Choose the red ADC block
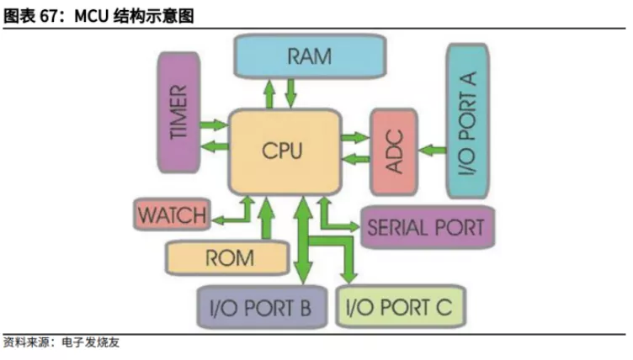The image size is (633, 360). click(x=394, y=152)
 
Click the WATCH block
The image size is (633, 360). click(x=171, y=214)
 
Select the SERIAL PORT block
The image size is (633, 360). click(x=426, y=227)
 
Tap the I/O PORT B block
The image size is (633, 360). click(x=255, y=307)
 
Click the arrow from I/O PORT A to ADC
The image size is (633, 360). click(x=431, y=151)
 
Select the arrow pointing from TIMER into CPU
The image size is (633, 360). click(x=216, y=125)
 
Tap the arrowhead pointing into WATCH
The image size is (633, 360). click(x=215, y=220)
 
